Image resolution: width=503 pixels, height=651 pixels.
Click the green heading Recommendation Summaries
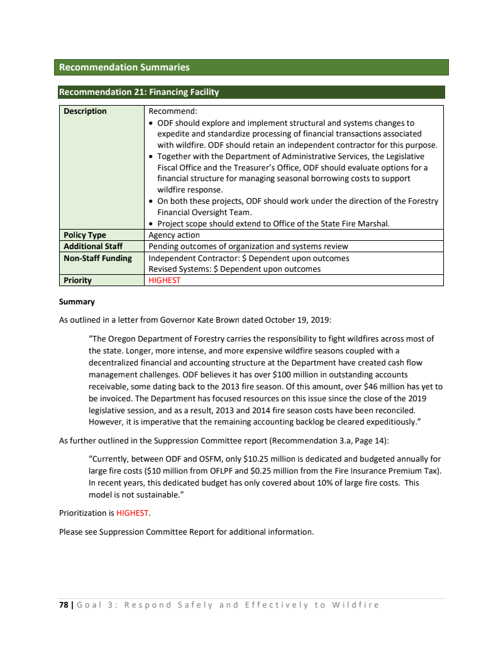[124, 67]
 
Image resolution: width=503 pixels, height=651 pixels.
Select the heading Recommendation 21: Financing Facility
[139, 92]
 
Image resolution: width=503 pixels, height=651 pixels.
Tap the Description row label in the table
[85, 111]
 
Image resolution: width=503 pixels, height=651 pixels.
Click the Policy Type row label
[85, 235]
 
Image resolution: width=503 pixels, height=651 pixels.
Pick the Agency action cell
[174, 235]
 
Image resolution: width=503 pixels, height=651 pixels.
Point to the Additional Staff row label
[93, 247]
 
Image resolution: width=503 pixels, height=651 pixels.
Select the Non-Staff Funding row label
[97, 258]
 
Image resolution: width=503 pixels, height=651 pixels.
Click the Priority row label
[77, 281]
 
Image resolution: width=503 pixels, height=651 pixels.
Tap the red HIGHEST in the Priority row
[164, 281]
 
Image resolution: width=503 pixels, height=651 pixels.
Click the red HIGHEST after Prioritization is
[133, 513]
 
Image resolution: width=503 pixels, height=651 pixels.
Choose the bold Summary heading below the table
[77, 302]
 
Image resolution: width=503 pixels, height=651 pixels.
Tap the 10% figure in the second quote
[296, 483]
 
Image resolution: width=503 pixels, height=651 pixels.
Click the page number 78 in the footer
[64, 605]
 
